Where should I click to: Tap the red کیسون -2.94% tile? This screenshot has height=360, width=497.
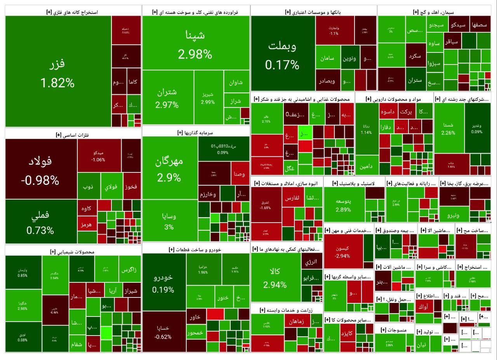click(x=342, y=252)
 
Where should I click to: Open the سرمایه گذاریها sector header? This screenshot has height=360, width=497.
click(x=195, y=133)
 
